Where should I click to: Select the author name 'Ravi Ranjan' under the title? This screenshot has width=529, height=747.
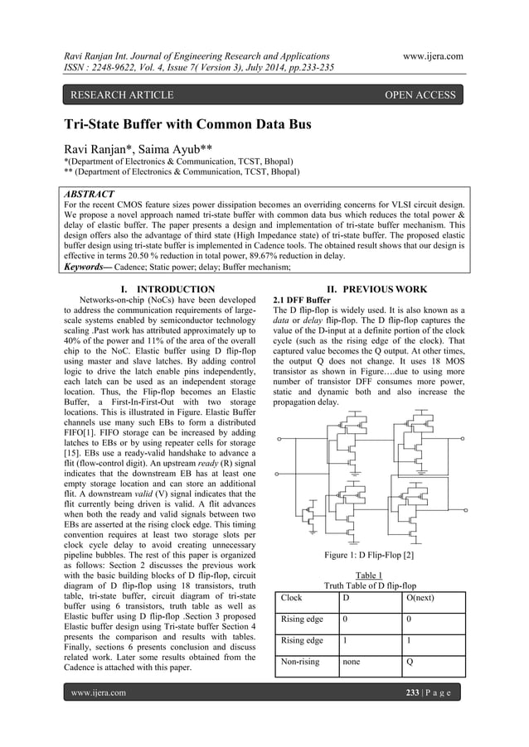click(96, 149)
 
